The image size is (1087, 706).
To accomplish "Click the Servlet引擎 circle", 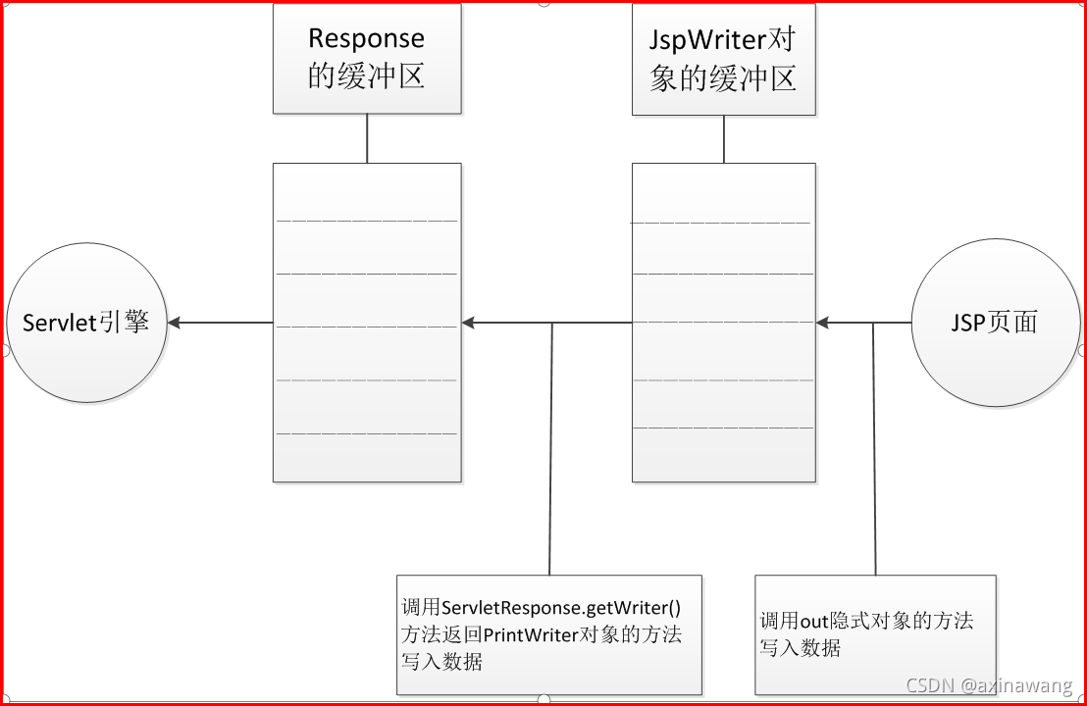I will coord(86,323).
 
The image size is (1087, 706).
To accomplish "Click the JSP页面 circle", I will coord(995,323).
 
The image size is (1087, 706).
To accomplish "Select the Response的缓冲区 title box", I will coord(367,58).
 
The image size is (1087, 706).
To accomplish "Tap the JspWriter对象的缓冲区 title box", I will coord(723,58).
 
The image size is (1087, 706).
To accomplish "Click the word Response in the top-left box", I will coord(366,38).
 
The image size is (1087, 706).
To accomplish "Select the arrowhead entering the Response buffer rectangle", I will coord(469,323).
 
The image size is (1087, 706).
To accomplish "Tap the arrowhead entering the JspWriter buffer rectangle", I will coord(822,323).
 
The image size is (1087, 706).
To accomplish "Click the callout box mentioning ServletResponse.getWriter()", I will coord(549,634).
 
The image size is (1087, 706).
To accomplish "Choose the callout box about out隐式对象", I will coord(875,634).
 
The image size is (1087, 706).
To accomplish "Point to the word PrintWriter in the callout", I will coord(536,634).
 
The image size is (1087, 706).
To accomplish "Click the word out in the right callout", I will coord(816,622).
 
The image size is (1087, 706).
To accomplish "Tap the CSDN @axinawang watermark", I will coord(988,684).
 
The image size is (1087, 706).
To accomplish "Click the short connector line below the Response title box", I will coord(367,138).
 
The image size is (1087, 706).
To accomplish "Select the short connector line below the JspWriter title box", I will coord(724,138).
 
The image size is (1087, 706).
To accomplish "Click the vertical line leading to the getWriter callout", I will coord(550,451).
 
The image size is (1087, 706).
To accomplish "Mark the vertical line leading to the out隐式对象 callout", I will coord(874,451).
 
